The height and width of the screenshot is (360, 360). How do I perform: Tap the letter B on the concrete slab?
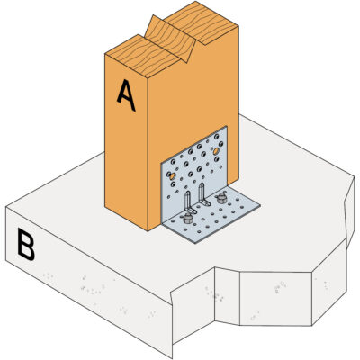(26, 245)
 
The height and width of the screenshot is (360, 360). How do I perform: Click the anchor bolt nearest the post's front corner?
(188, 219)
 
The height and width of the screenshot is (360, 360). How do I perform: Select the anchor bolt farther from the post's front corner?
(221, 198)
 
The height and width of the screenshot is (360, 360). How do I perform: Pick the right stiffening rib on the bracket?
(203, 194)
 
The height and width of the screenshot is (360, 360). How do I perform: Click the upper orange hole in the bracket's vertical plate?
(216, 151)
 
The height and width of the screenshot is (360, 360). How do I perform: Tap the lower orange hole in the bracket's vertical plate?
(172, 176)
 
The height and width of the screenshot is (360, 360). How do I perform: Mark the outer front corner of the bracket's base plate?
(195, 243)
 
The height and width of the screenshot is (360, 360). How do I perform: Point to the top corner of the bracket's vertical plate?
(226, 126)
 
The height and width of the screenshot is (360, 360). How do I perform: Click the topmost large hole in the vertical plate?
(217, 137)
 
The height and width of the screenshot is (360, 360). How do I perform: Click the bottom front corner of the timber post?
(148, 230)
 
